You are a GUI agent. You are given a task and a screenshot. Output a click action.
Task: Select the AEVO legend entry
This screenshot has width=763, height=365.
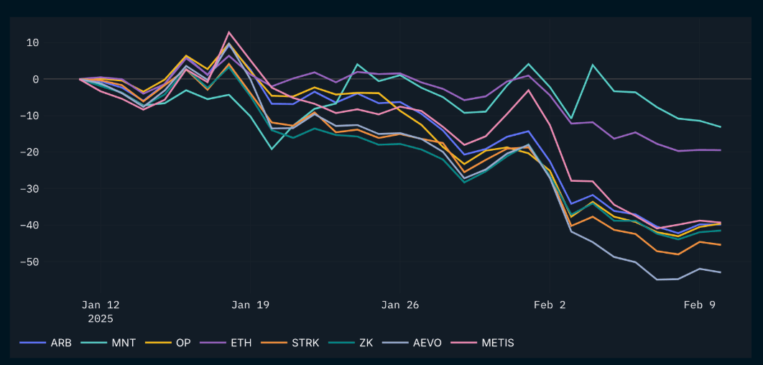point(423,343)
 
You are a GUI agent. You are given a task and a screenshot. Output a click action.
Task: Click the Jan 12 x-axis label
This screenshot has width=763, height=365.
point(101,305)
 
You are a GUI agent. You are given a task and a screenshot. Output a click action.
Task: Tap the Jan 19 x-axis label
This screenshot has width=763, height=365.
point(250,305)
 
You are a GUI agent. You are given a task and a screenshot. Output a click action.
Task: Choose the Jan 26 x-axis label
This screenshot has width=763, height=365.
point(400,305)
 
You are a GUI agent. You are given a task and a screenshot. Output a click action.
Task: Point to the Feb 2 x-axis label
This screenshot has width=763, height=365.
point(550,305)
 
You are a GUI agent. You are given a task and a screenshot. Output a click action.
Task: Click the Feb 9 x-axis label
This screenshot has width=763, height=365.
point(700,305)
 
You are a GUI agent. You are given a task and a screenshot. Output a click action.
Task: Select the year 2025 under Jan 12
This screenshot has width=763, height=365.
point(101,318)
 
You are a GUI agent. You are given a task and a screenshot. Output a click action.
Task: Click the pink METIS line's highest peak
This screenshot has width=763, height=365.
point(229,32)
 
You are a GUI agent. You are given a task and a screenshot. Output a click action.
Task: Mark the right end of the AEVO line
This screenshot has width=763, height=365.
point(721,272)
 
